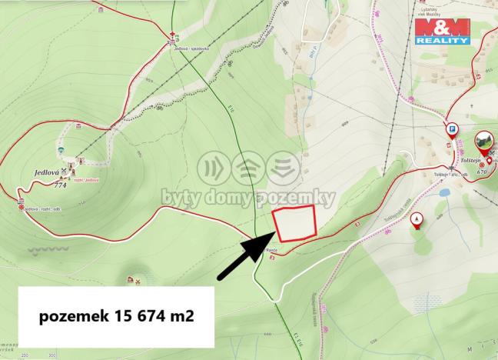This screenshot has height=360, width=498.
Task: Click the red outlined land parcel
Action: click(x=295, y=223)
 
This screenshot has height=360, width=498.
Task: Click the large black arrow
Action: click(x=243, y=257)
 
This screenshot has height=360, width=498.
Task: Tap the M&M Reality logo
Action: click(x=442, y=30)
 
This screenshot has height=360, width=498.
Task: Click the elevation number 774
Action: click(x=62, y=185)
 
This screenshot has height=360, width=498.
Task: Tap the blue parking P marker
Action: click(x=452, y=129)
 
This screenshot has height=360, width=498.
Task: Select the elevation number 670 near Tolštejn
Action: click(x=482, y=172)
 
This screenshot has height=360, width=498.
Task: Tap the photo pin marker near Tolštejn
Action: click(x=483, y=142)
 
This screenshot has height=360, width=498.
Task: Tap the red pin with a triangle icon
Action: click(x=417, y=219)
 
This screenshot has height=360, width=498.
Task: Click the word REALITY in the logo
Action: click(x=442, y=41)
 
